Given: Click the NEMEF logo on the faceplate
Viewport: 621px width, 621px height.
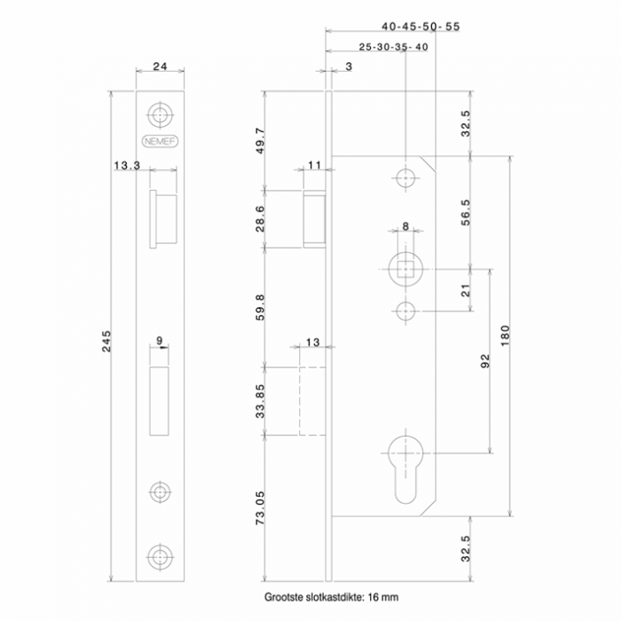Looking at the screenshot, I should [161, 139].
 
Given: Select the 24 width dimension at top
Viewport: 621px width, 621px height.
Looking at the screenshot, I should [161, 66].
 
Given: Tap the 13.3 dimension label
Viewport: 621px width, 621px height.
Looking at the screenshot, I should [126, 165].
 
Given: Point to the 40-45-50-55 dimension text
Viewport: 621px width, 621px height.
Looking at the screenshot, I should [421, 27].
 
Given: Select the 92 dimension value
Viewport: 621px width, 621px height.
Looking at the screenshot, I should [485, 360].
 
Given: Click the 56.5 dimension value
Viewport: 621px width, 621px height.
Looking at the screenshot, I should [468, 213].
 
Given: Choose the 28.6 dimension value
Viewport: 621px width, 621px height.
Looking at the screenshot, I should [261, 218].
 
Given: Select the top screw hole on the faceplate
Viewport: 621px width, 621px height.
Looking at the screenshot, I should [161, 115].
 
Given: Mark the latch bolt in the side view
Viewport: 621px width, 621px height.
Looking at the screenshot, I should [315, 217].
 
